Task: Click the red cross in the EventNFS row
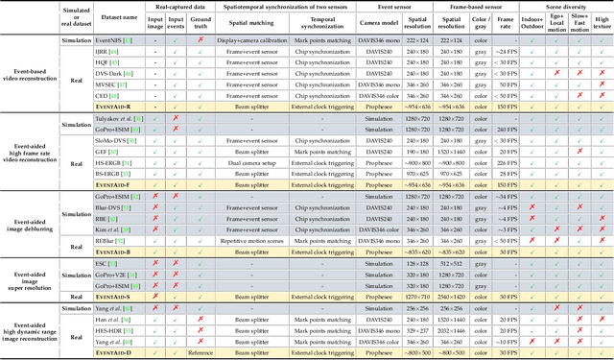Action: pyautogui.click(x=201, y=41)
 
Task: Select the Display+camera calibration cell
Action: pyautogui.click(x=247, y=41)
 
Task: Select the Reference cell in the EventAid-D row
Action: pyautogui.click(x=201, y=351)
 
